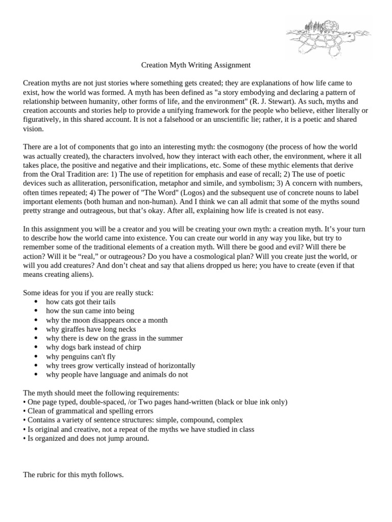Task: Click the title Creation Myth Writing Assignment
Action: click(x=195, y=65)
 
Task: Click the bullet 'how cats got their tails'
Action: click(x=81, y=302)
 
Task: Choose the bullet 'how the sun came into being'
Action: click(x=90, y=311)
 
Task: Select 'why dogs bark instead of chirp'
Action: click(x=93, y=347)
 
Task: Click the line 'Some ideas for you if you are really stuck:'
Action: click(x=88, y=293)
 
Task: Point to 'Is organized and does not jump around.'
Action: click(x=86, y=438)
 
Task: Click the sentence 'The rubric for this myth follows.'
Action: click(x=73, y=475)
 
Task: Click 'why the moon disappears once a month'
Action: click(x=107, y=320)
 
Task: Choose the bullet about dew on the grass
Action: click(x=114, y=338)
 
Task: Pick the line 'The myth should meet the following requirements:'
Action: click(x=101, y=393)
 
